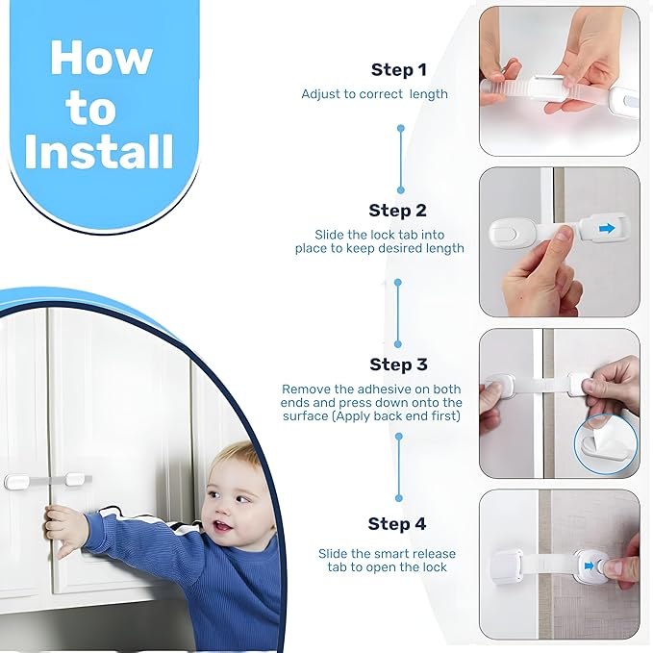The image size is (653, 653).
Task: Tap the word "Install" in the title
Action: pos(99,152)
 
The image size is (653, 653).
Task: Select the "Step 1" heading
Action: pos(398,70)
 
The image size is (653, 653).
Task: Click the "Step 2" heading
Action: pos(397,211)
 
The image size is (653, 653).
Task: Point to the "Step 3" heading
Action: pos(398,364)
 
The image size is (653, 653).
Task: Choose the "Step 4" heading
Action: pos(396,524)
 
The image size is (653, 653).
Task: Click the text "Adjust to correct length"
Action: pos(374,94)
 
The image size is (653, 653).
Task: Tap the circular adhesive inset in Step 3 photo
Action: pos(605,445)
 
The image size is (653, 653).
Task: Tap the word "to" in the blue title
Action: pos(91,109)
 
